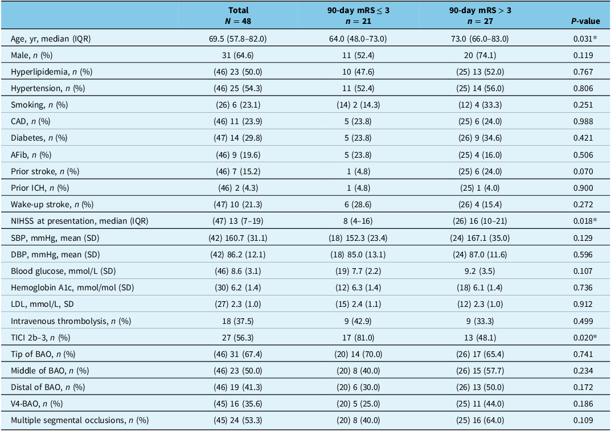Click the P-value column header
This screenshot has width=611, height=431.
point(586,21)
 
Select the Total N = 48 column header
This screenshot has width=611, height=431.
point(238,15)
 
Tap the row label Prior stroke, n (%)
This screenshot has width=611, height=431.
point(45,171)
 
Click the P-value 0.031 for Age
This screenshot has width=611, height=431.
point(585,39)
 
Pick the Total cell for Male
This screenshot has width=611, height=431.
point(237,55)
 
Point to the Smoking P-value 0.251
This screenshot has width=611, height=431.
point(583,105)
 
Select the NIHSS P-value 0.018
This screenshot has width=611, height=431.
point(585,221)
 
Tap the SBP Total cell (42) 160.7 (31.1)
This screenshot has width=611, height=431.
point(237,238)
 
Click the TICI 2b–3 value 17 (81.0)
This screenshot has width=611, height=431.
point(358,338)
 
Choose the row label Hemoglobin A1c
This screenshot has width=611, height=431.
point(72,288)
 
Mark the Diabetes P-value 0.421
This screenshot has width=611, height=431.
point(583,138)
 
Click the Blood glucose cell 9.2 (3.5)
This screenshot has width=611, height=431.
point(480,271)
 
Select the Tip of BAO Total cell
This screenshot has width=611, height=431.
point(237,354)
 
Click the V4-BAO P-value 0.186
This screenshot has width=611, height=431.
point(583,404)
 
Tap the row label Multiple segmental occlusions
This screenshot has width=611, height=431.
point(80,420)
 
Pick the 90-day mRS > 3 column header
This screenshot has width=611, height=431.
point(480,15)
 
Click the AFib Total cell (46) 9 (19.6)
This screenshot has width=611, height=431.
point(237,155)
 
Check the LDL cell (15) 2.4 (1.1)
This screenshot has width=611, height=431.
point(358,304)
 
